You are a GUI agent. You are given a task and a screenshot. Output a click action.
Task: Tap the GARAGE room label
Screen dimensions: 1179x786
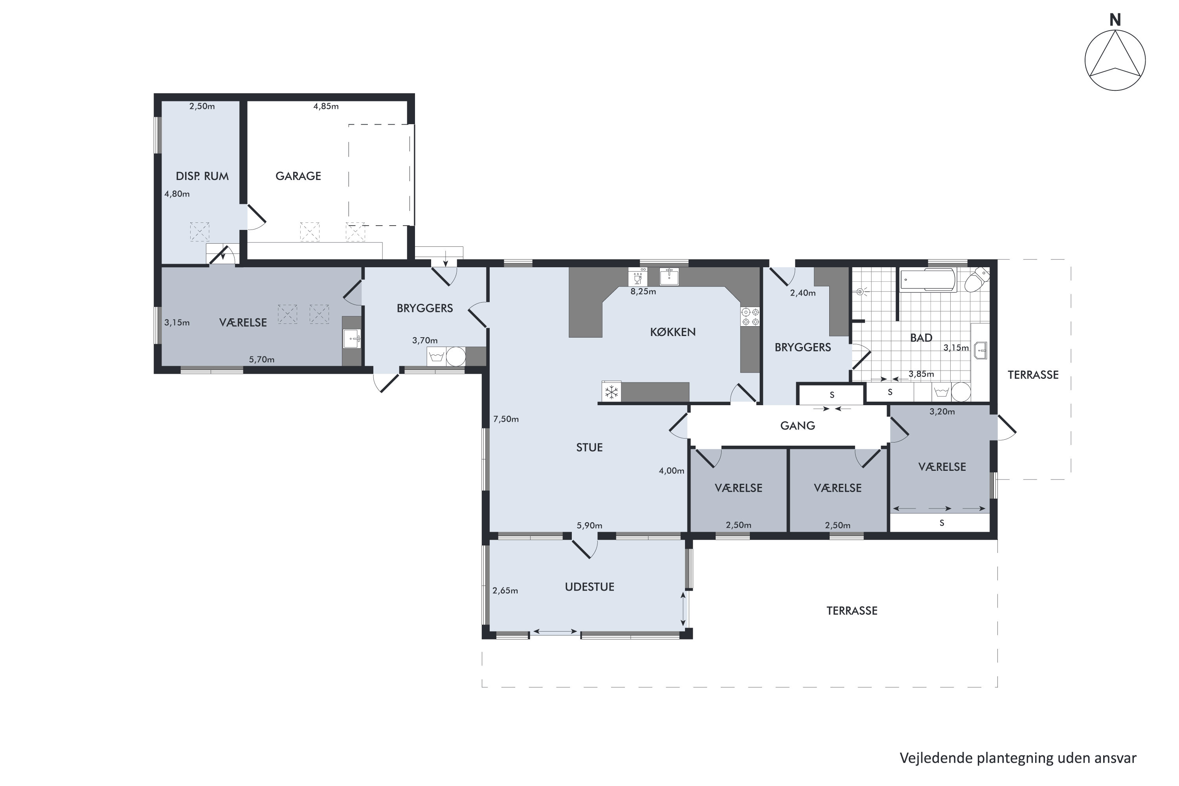(x=298, y=176)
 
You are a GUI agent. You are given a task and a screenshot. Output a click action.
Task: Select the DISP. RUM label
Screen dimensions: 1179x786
(x=202, y=176)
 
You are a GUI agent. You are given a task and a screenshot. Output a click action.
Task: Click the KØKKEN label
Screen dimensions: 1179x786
(x=673, y=332)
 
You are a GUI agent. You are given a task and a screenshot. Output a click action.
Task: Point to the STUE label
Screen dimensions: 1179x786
(x=589, y=447)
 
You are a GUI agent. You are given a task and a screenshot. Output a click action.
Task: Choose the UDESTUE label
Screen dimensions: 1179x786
(x=589, y=586)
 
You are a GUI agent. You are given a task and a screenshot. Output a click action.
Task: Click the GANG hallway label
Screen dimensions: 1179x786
(x=797, y=426)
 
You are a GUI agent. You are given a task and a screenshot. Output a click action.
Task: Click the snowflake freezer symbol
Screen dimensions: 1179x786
(x=612, y=392)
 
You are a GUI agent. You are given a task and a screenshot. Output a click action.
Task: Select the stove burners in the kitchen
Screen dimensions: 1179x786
(x=750, y=317)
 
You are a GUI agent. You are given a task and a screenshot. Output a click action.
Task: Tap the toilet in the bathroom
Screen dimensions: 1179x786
(x=977, y=279)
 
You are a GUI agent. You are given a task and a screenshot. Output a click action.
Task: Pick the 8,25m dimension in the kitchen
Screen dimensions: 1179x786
(x=643, y=291)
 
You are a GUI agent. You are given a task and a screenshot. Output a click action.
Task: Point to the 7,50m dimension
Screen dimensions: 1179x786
(x=506, y=419)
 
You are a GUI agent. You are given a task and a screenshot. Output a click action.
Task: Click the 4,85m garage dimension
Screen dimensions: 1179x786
(x=326, y=106)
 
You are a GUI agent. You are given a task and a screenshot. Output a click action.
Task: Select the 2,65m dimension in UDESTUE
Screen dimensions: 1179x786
(x=505, y=591)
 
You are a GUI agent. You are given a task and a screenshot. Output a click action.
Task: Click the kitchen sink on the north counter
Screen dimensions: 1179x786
(x=669, y=276)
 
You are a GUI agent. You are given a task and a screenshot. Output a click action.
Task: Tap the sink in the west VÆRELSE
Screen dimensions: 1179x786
(x=352, y=339)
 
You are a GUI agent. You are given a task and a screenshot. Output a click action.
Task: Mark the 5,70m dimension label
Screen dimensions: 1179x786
(x=262, y=360)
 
